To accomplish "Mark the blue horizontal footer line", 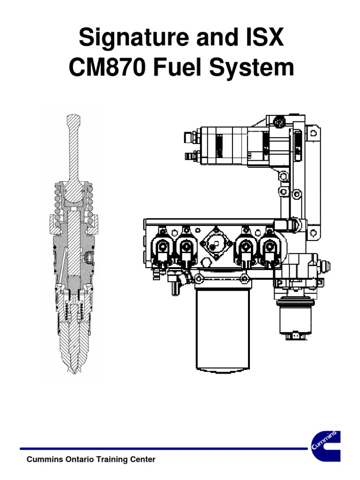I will coord(164,449).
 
